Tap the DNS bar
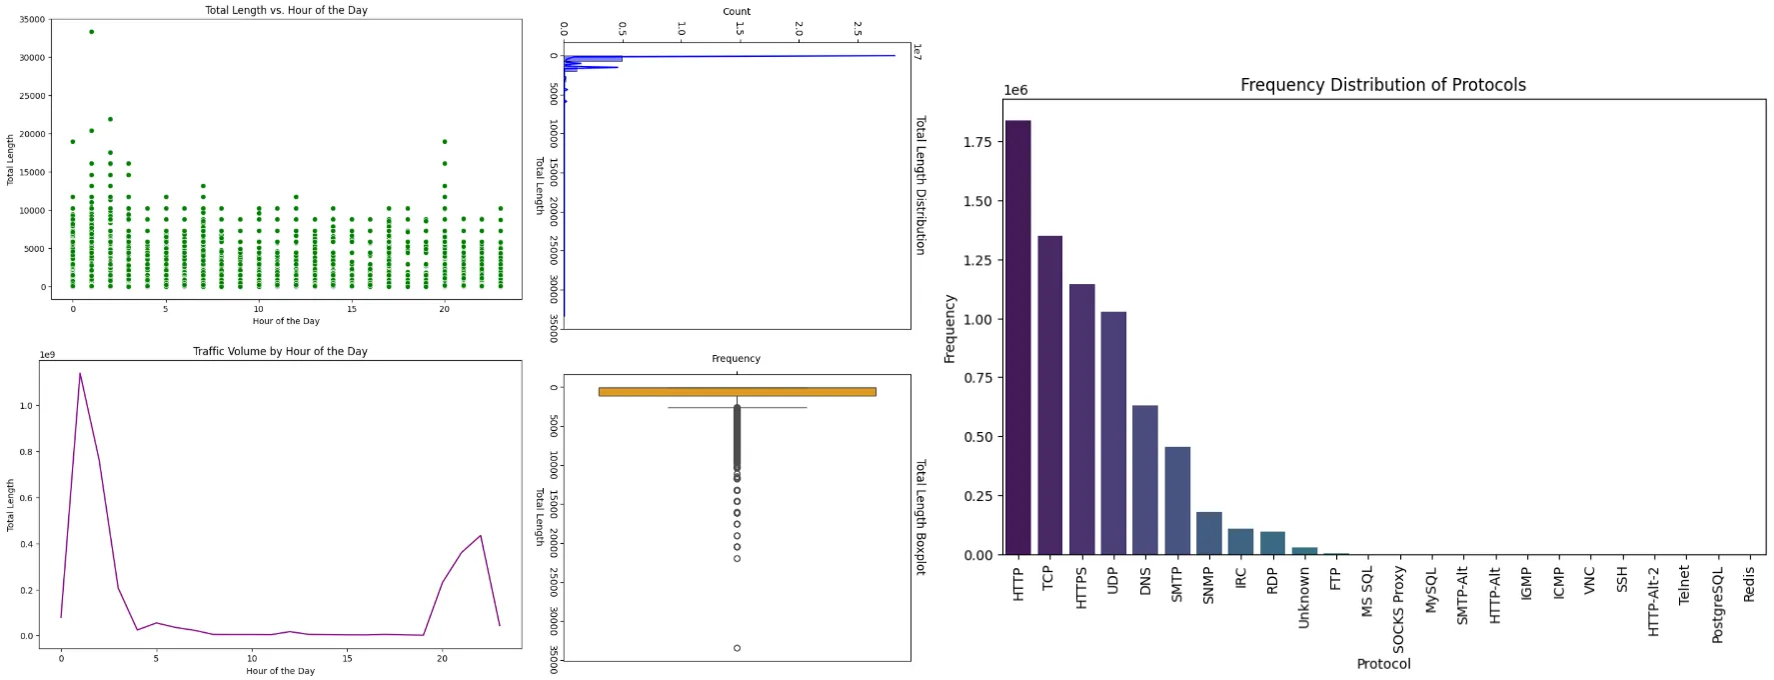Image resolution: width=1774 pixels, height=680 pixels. (1144, 480)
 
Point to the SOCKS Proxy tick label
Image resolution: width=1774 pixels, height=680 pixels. (1398, 609)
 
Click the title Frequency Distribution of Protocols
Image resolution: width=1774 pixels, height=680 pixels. (1382, 85)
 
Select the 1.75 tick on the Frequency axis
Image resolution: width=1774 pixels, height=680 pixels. (976, 142)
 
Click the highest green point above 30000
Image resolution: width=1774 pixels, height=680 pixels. (91, 32)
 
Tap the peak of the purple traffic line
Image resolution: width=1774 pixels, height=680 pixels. (80, 374)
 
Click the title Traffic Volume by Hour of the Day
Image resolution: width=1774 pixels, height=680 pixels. (280, 351)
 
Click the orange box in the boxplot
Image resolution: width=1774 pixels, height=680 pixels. (737, 392)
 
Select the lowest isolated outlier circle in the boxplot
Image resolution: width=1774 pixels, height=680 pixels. (737, 648)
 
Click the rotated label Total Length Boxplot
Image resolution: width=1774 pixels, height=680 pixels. (920, 517)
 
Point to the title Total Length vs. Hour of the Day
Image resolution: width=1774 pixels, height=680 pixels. (286, 10)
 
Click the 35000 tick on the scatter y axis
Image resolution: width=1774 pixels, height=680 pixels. (32, 19)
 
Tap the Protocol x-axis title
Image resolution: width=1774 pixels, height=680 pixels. (1383, 664)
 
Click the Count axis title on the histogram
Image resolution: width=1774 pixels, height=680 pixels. (737, 12)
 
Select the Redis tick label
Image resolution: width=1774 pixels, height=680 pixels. (1749, 584)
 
